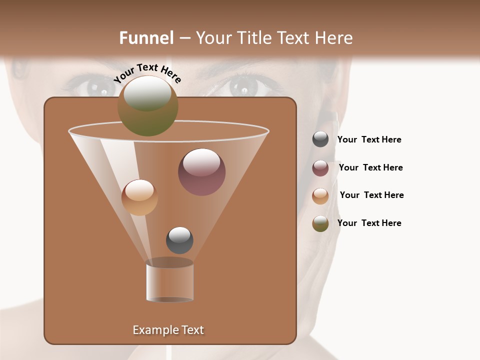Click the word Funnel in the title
tap(146, 38)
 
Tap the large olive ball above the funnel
tap(148, 106)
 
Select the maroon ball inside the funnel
tap(202, 172)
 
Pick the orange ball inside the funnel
tap(139, 197)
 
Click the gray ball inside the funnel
tap(179, 240)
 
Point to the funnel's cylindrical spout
tap(170, 281)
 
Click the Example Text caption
tap(168, 330)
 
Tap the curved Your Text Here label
tap(147, 73)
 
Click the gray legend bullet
tap(320, 139)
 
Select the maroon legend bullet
tap(320, 168)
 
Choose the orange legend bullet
tap(320, 196)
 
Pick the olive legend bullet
tap(320, 223)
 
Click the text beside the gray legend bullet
tap(369, 140)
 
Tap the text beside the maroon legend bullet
tap(370, 168)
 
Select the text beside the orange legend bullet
tap(371, 195)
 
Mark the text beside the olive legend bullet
tap(369, 223)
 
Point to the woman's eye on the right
tap(243, 88)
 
